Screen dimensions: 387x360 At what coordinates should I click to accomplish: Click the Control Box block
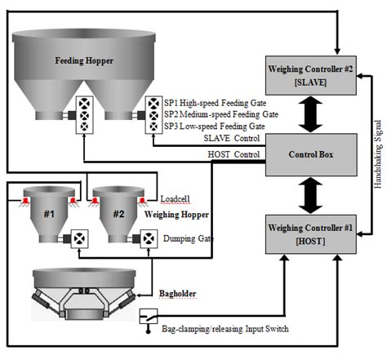click(x=311, y=154)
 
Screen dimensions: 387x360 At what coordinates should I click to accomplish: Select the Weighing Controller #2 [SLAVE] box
click(x=310, y=75)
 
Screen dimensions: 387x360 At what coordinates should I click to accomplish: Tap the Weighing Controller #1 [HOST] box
click(x=311, y=234)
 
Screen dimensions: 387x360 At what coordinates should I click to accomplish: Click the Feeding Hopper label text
click(x=84, y=60)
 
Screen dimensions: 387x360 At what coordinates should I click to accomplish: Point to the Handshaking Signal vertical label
click(x=378, y=154)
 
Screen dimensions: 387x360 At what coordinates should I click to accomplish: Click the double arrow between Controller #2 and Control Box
click(x=310, y=114)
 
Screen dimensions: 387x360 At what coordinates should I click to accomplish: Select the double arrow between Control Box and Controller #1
click(x=310, y=195)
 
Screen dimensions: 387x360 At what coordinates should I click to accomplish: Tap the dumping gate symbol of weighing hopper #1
click(x=79, y=239)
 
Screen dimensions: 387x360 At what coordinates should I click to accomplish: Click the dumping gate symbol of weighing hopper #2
click(x=149, y=239)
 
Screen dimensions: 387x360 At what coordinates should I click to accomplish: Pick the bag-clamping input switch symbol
click(x=149, y=317)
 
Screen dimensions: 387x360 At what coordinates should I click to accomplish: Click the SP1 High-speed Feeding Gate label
click(x=215, y=103)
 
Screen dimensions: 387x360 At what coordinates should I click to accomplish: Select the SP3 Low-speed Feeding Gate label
click(x=215, y=127)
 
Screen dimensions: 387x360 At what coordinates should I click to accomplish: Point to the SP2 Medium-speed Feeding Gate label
click(x=221, y=114)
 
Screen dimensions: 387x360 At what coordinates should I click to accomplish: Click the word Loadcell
click(x=175, y=199)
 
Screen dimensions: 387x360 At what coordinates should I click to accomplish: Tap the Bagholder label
click(x=178, y=294)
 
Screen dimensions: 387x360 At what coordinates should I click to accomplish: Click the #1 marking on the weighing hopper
click(x=49, y=214)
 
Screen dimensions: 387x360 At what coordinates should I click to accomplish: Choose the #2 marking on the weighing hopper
click(x=118, y=214)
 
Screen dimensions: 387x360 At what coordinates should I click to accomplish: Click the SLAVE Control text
click(x=232, y=138)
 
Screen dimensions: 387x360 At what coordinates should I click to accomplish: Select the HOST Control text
click(x=234, y=154)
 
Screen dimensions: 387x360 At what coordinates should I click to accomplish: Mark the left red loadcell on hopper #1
click(x=25, y=202)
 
